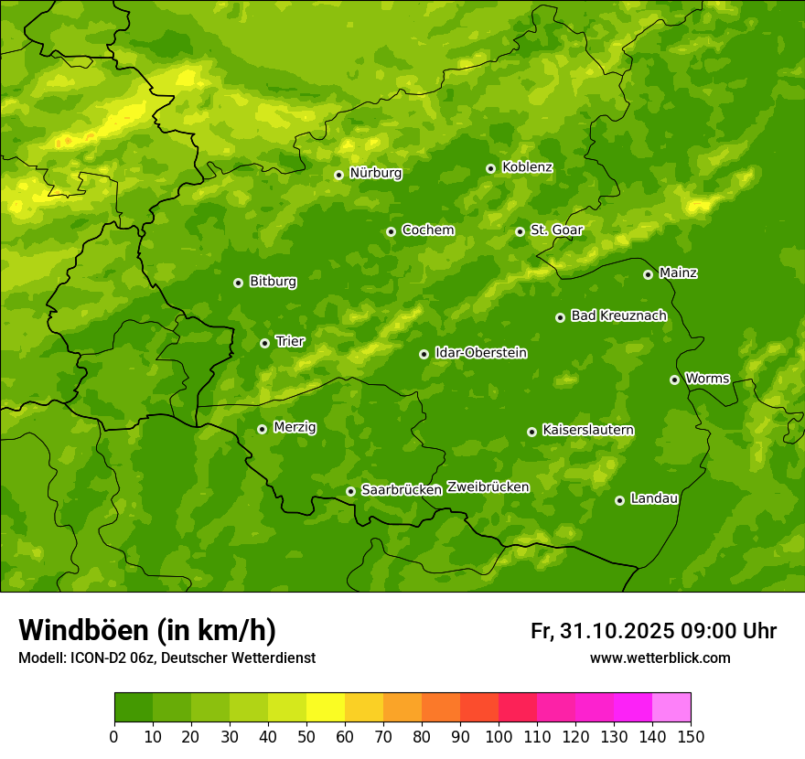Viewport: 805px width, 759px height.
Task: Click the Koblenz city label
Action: [x=527, y=167]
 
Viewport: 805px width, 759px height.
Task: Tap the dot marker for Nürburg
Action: [x=338, y=175]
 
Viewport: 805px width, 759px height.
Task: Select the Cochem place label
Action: [x=428, y=230]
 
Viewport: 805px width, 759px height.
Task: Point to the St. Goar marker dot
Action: [x=520, y=231]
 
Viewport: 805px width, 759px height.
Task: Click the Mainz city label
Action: [x=678, y=273]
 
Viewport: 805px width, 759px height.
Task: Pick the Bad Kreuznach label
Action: [x=618, y=315]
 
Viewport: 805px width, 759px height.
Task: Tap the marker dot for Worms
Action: [x=674, y=379]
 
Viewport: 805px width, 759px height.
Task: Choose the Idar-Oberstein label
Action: [x=481, y=353]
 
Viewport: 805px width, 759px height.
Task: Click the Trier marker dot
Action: [x=264, y=343]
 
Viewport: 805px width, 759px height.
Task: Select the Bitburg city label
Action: [x=273, y=282]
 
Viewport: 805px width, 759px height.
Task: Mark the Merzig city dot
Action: [x=262, y=429]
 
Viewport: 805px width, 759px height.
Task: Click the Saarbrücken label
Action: [x=402, y=490]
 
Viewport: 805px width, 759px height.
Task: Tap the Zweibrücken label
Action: [x=488, y=487]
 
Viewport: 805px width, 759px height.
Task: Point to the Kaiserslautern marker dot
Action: [x=531, y=432]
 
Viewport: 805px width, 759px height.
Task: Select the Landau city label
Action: [x=654, y=498]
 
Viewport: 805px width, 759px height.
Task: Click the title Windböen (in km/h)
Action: [x=147, y=630]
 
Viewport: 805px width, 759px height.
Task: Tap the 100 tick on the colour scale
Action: [x=499, y=735]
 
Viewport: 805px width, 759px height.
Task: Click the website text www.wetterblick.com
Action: [x=660, y=657]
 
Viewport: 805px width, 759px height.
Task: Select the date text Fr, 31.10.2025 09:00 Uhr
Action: [x=653, y=631]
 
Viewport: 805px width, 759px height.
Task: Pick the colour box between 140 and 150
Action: [x=671, y=708]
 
